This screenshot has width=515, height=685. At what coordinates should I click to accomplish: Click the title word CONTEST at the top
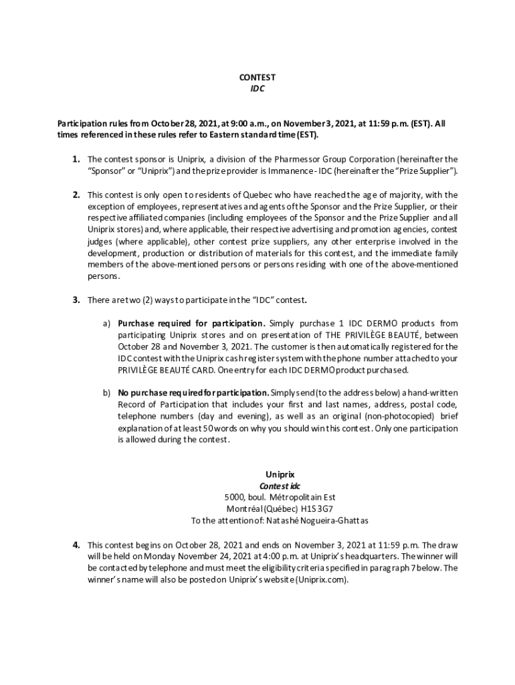(x=257, y=78)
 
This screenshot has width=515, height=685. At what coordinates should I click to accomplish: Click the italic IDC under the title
(x=257, y=88)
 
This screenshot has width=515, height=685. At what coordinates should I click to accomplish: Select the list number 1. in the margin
(x=77, y=159)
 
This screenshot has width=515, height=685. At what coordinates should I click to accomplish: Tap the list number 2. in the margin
(x=77, y=195)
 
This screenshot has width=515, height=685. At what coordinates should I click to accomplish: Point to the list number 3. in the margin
(x=77, y=300)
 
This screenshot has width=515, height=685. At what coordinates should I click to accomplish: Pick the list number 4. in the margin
(x=77, y=545)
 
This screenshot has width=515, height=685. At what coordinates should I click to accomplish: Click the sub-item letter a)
(x=106, y=323)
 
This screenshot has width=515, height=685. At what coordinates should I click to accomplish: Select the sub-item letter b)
(x=106, y=393)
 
